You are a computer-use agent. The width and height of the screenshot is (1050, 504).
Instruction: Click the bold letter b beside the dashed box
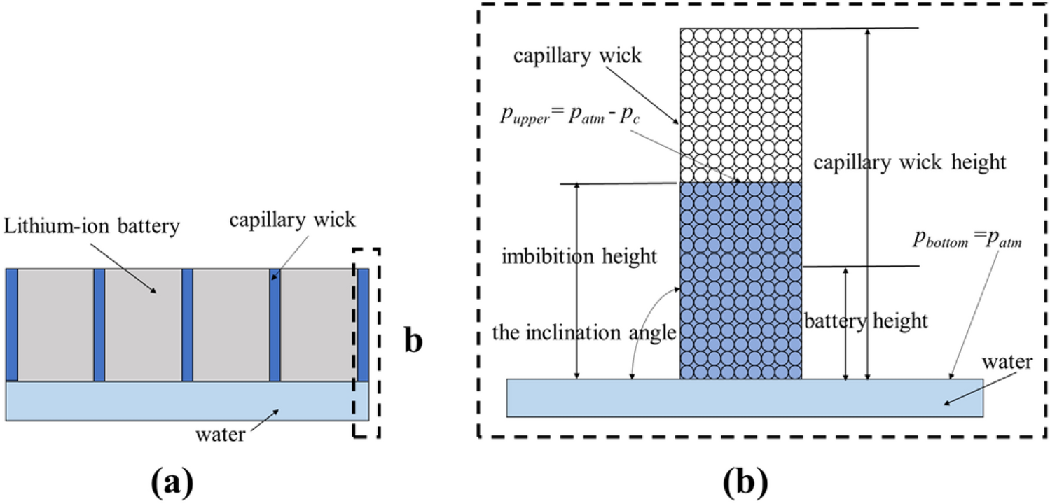[413, 342]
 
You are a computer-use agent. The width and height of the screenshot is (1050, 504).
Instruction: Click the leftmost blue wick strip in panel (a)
[11, 324]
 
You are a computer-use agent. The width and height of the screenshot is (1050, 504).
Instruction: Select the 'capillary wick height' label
[909, 162]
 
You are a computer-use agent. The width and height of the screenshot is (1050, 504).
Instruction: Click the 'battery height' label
[866, 321]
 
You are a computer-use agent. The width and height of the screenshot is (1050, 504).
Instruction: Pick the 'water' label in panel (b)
[1007, 362]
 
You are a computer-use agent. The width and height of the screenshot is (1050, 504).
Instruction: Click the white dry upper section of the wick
[740, 105]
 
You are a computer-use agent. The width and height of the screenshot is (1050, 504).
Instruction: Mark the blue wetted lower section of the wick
[740, 280]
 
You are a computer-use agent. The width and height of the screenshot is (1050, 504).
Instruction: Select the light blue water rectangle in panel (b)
[744, 398]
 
